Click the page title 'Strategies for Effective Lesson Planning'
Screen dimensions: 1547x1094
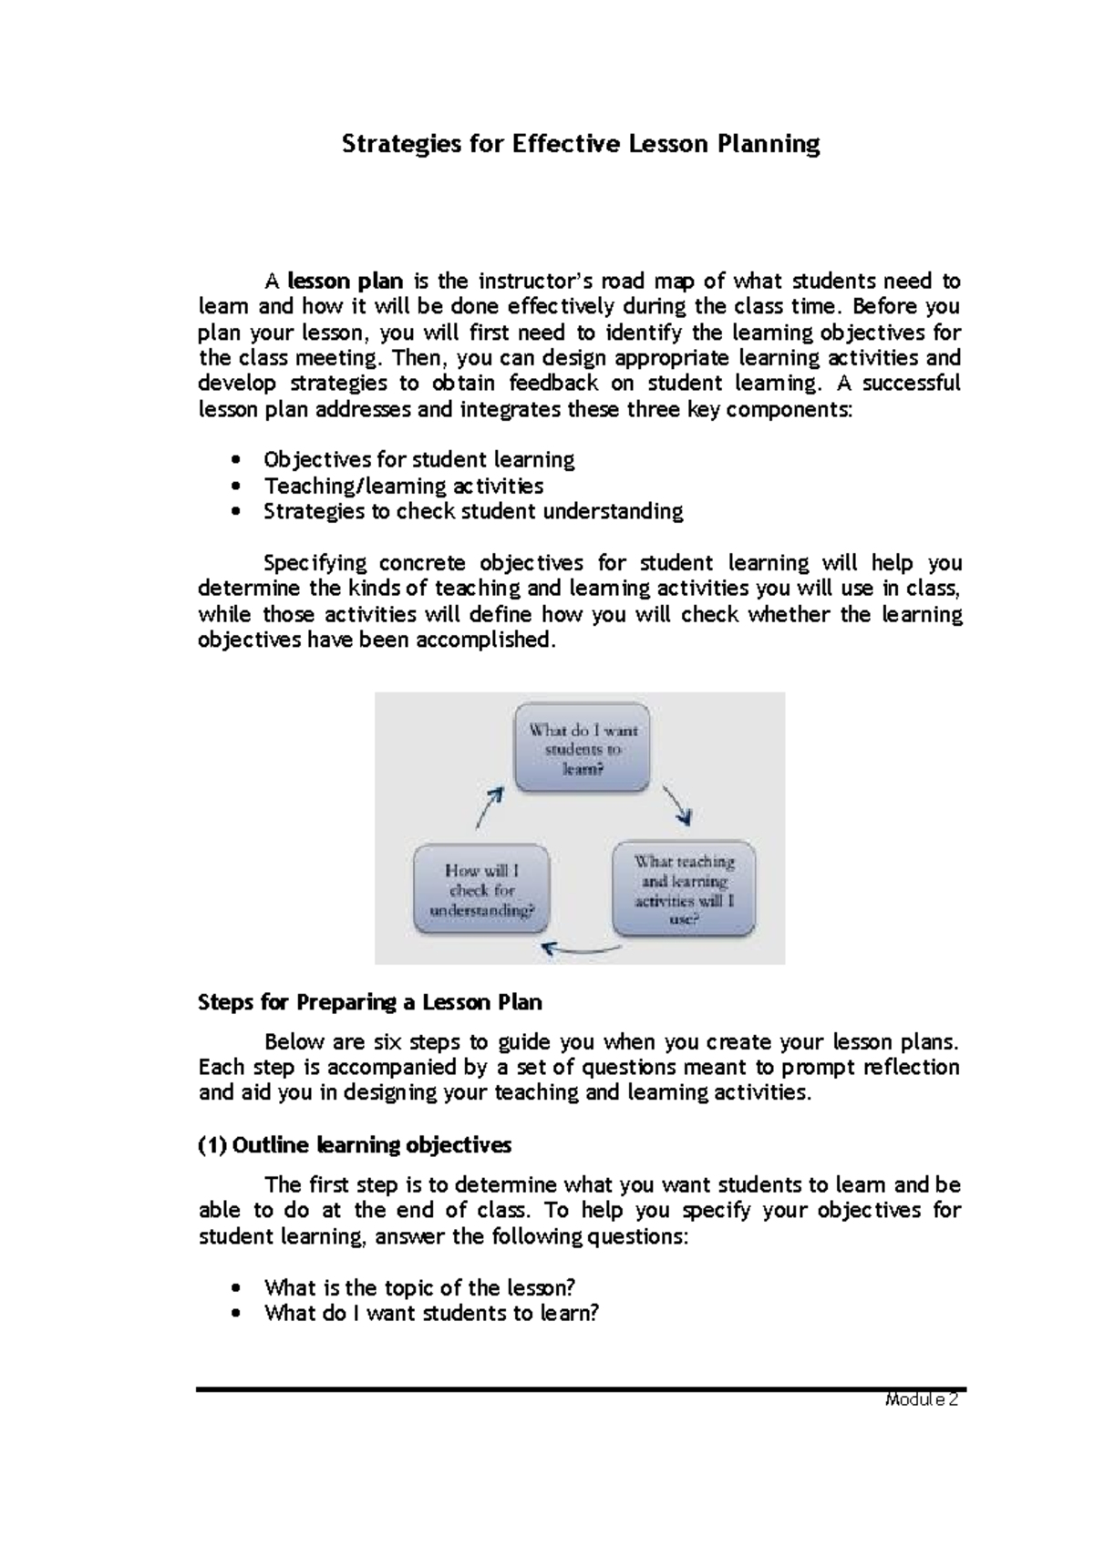(x=580, y=144)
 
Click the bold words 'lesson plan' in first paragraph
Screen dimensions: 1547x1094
(x=346, y=281)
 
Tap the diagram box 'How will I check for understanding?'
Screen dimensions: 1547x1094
(x=481, y=889)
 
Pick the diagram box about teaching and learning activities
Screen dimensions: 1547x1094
(x=684, y=889)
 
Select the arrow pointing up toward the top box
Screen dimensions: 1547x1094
(x=490, y=807)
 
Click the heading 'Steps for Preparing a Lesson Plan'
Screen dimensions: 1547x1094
(x=370, y=1002)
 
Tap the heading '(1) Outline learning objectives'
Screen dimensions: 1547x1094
(x=355, y=1144)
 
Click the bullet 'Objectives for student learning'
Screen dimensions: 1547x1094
(x=418, y=459)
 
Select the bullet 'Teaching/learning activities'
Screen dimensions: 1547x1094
(x=403, y=486)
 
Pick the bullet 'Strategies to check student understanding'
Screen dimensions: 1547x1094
(x=472, y=511)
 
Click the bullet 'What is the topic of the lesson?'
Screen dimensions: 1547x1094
(x=419, y=1287)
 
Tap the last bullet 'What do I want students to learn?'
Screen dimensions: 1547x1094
(x=431, y=1313)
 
